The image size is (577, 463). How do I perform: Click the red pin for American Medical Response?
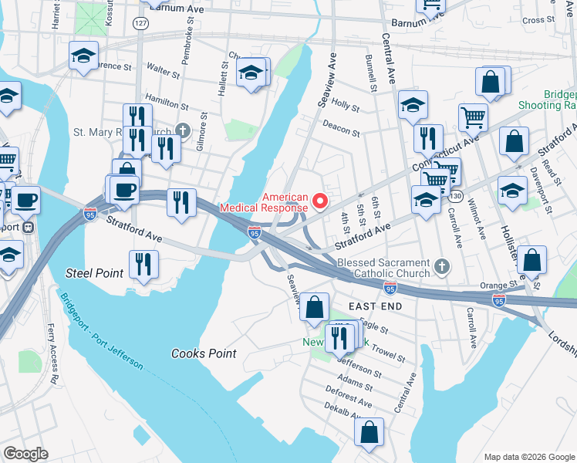[322, 201]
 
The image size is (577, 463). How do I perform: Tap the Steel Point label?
[95, 272]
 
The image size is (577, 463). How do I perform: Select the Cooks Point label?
[203, 353]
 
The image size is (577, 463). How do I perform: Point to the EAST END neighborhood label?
[375, 306]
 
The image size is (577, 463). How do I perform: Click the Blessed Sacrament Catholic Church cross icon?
[441, 267]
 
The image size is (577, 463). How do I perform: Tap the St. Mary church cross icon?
[182, 131]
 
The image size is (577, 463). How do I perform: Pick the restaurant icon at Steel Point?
[143, 264]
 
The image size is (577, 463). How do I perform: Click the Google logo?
[25, 453]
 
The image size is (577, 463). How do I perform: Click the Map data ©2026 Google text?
[528, 457]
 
